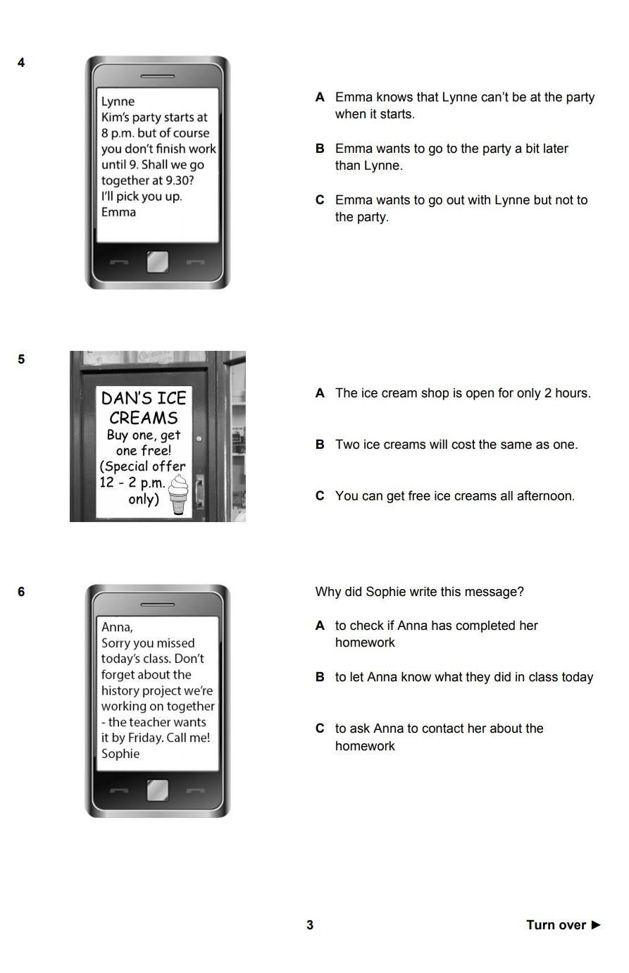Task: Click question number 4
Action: point(21,63)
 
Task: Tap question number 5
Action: point(21,359)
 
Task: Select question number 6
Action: point(21,592)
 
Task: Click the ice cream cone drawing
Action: point(178,495)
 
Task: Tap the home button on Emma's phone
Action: point(157,262)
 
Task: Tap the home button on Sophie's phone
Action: point(157,790)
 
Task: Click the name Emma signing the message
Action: point(118,212)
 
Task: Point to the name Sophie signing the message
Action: point(120,754)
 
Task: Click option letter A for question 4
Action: point(320,97)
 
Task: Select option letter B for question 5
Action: point(320,445)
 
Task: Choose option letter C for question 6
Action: point(320,728)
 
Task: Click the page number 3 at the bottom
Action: point(310,925)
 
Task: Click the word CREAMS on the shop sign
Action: point(144,418)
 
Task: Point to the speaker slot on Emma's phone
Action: point(157,76)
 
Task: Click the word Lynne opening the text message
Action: point(118,101)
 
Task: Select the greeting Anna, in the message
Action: point(117,627)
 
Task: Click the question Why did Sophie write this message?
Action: point(420,592)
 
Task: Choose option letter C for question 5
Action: point(320,495)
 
